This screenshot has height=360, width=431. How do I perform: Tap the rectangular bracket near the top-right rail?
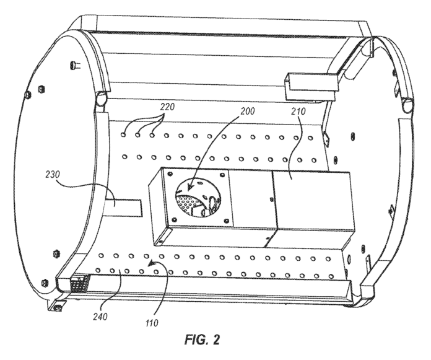tap(304, 84)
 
